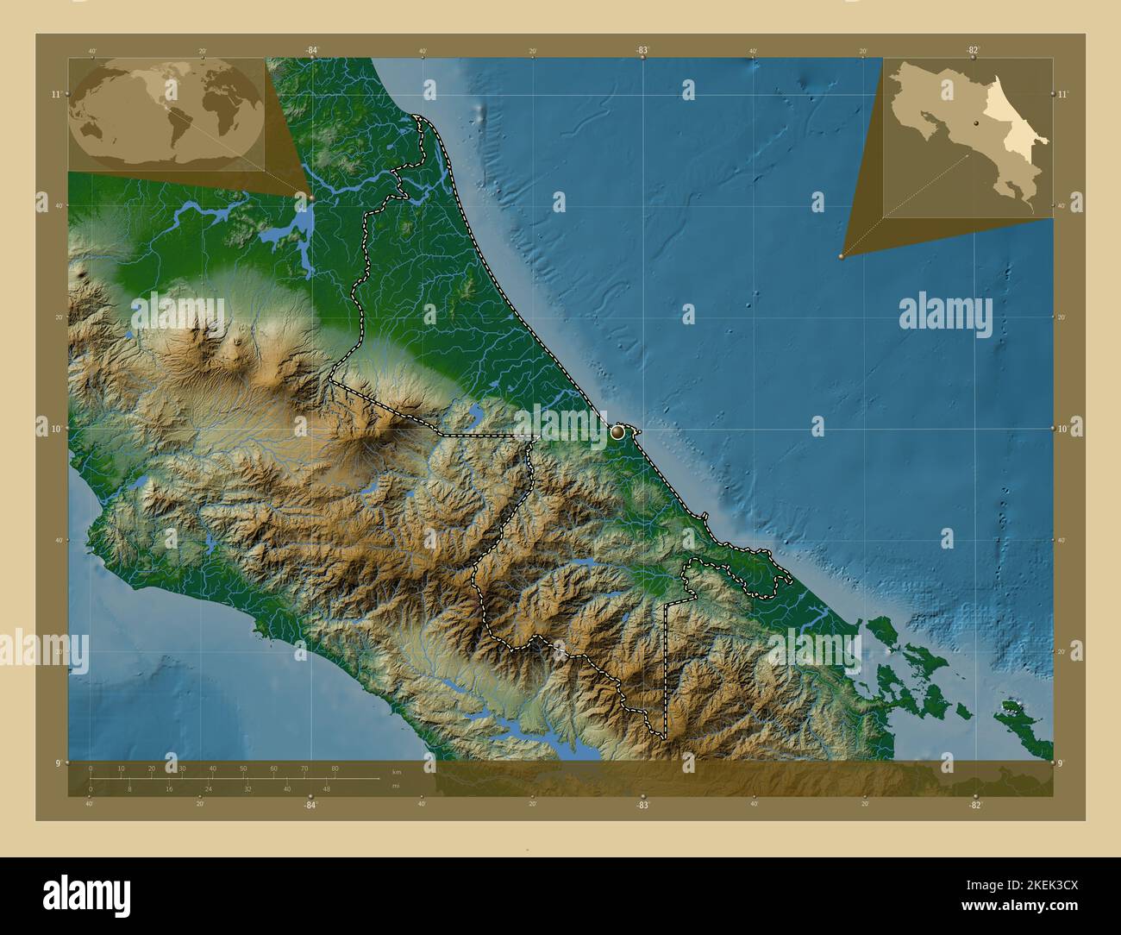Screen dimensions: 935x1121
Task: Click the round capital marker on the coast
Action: [x=618, y=432]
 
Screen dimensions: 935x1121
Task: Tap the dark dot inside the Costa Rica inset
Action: [x=976, y=124]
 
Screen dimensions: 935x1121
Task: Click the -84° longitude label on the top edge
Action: [x=311, y=51]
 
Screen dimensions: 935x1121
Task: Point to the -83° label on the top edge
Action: [x=642, y=51]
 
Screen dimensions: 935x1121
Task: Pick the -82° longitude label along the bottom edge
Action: [x=974, y=804]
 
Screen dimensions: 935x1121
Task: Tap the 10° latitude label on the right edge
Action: [x=1062, y=428]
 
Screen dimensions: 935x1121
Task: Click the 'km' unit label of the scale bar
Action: [x=396, y=772]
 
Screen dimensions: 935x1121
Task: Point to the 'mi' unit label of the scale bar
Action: [x=395, y=786]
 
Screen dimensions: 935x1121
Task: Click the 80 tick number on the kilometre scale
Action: [x=335, y=768]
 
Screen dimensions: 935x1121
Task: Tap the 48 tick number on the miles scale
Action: [x=326, y=788]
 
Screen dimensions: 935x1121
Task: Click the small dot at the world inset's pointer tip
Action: [x=310, y=198]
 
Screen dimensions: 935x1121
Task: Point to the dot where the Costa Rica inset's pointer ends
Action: [x=841, y=256]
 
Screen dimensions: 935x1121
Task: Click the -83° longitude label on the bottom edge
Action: [x=642, y=804]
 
